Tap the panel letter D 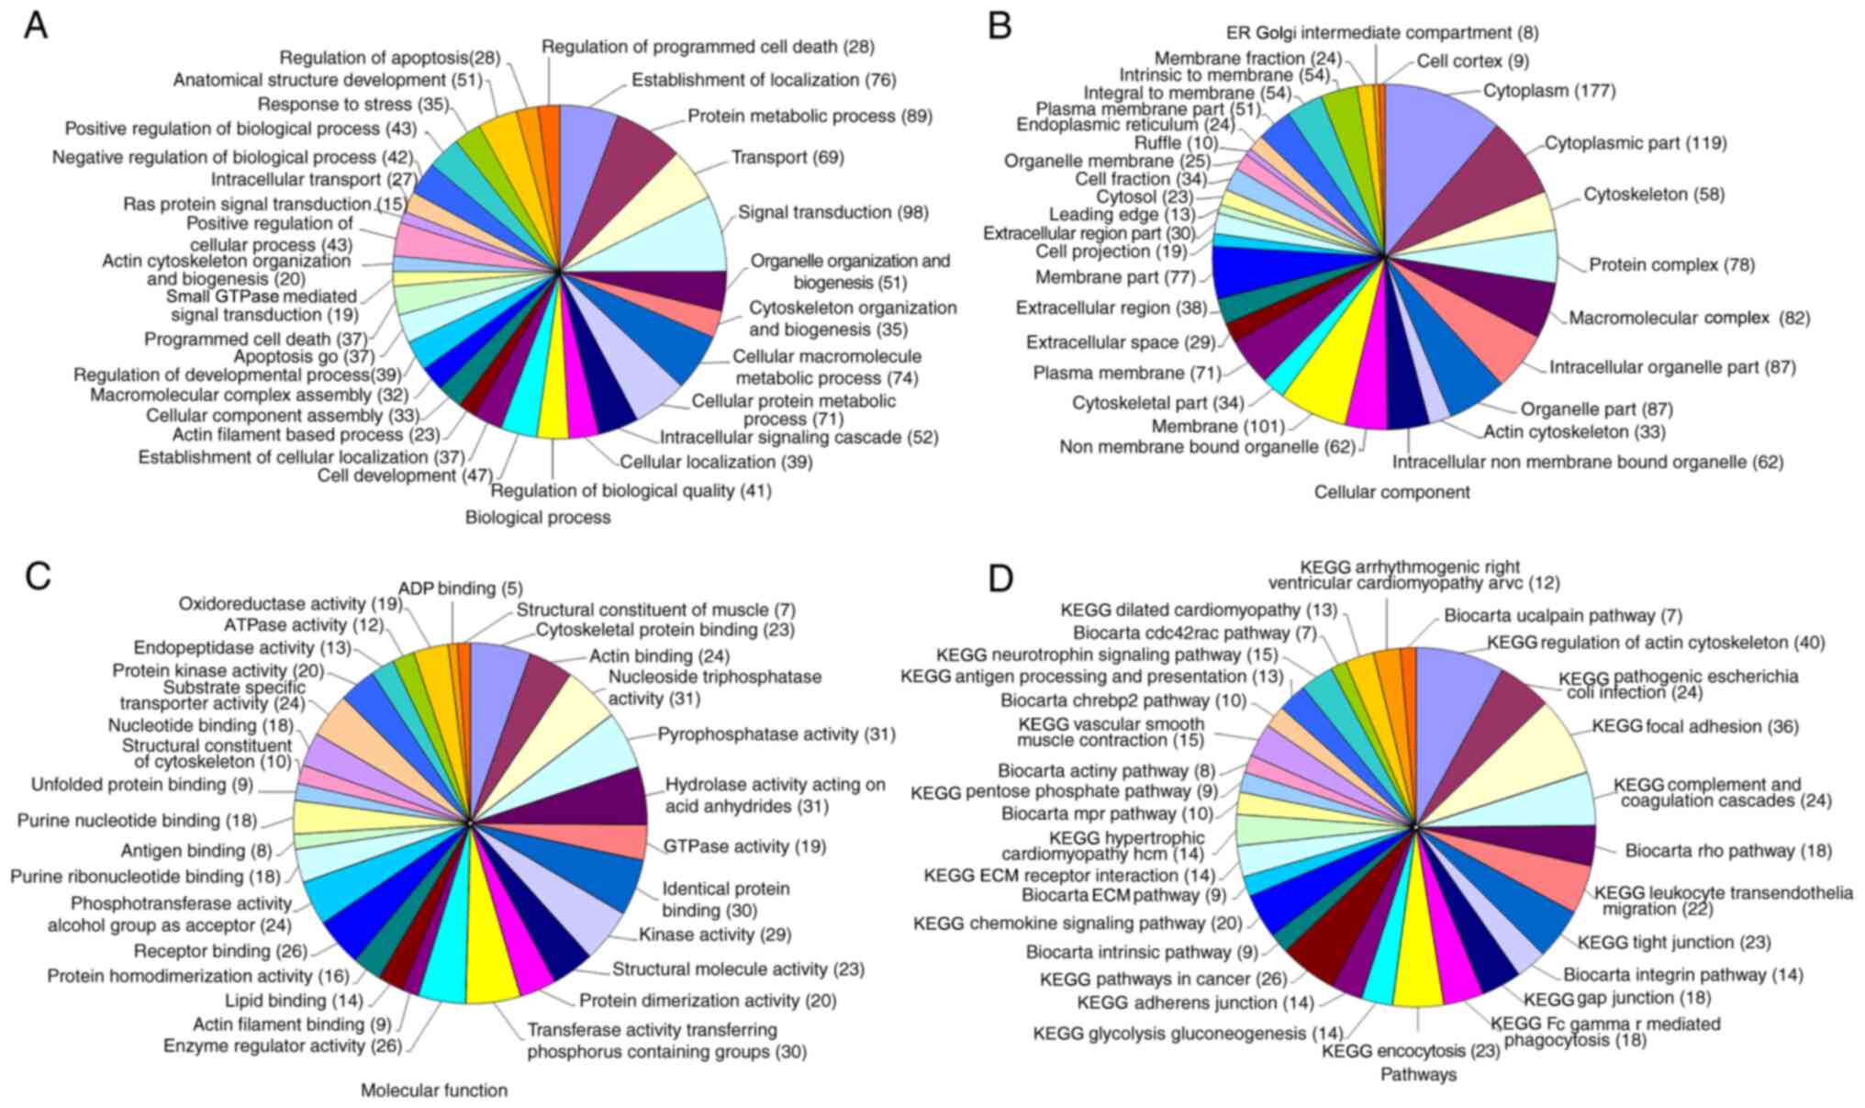pyautogui.click(x=1000, y=578)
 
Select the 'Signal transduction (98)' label pyautogui.click(x=832, y=213)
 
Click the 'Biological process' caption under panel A pyautogui.click(x=537, y=518)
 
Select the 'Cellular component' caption pyautogui.click(x=1391, y=492)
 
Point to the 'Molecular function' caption pyautogui.click(x=433, y=1091)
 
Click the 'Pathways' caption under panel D pyautogui.click(x=1418, y=1074)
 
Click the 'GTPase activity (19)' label pyautogui.click(x=744, y=846)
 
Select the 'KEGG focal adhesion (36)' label pyautogui.click(x=1694, y=727)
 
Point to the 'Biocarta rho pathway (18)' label pyautogui.click(x=1727, y=851)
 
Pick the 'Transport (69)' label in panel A pyautogui.click(x=787, y=158)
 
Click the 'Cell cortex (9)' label pyautogui.click(x=1472, y=62)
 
